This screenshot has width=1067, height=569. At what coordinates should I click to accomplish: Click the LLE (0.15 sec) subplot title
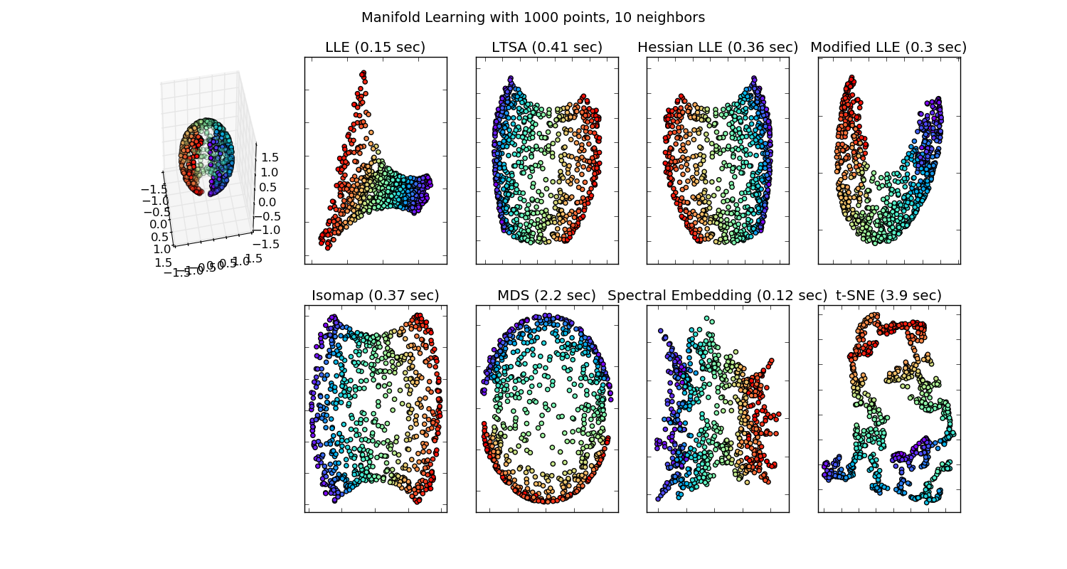(375, 48)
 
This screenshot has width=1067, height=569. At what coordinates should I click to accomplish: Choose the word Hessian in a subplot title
(663, 48)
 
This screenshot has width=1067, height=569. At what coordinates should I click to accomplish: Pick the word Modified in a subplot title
(839, 48)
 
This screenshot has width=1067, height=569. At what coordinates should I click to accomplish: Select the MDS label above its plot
(513, 296)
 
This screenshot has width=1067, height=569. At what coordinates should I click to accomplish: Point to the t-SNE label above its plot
(854, 296)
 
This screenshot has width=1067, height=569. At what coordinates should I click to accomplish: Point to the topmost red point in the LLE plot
(363, 73)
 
